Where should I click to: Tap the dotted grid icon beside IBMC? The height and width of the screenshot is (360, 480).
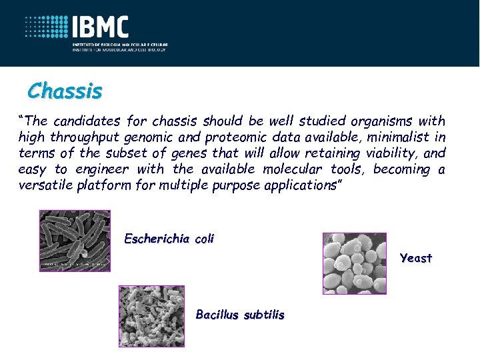47,27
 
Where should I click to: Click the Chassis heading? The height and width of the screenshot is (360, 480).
65,90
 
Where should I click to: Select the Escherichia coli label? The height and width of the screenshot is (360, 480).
169,239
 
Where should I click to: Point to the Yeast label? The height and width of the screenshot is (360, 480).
416,258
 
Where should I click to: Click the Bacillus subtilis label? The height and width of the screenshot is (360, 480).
240,315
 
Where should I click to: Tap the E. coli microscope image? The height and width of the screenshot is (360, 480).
75,240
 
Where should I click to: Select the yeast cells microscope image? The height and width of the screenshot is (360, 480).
354,263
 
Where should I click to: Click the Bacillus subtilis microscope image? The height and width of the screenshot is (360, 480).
151,317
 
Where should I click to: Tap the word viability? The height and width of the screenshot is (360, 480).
391,153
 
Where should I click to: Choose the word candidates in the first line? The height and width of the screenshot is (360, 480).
85,121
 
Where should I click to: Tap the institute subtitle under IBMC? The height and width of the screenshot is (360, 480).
121,46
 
